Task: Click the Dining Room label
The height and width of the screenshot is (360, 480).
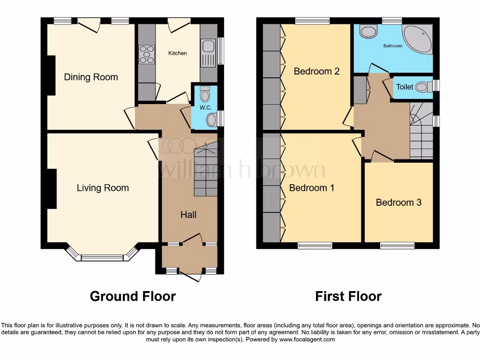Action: pyautogui.click(x=91, y=77)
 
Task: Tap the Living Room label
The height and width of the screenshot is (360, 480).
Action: pyautogui.click(x=103, y=188)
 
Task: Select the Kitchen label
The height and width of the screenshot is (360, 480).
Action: pyautogui.click(x=178, y=53)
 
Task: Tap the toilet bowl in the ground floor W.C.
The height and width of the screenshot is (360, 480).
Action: pyautogui.click(x=205, y=95)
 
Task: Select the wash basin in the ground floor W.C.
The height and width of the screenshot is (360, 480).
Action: pyautogui.click(x=211, y=120)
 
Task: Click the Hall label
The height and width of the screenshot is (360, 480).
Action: pyautogui.click(x=188, y=215)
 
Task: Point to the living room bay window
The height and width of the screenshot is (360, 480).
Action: pyautogui.click(x=102, y=257)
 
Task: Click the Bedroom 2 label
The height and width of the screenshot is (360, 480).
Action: pyautogui.click(x=316, y=71)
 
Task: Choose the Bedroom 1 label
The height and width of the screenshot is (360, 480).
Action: pyautogui.click(x=312, y=188)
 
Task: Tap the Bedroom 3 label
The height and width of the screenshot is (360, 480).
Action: pyautogui.click(x=398, y=202)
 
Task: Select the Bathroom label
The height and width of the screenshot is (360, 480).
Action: pyautogui.click(x=393, y=46)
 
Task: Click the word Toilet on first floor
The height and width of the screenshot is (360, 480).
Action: pyautogui.click(x=405, y=87)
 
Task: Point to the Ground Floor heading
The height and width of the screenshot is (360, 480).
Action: pyautogui.click(x=133, y=296)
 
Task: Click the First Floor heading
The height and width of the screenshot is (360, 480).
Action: pyautogui.click(x=348, y=296)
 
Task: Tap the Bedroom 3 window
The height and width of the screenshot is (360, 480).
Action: pyautogui.click(x=397, y=245)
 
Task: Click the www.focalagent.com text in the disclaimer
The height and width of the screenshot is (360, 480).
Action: pyautogui.click(x=307, y=339)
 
